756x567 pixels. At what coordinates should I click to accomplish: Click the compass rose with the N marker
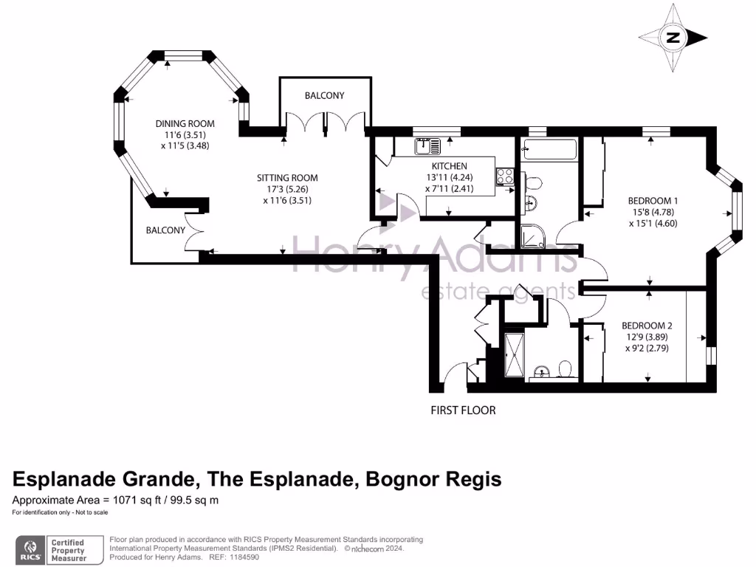[673, 38]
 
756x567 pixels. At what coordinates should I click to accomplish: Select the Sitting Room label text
[287, 177]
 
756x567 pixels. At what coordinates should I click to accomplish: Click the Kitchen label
[449, 166]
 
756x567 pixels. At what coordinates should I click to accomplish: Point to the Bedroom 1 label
[653, 200]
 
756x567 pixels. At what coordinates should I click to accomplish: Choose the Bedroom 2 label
[646, 325]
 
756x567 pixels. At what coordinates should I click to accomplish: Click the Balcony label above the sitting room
[325, 96]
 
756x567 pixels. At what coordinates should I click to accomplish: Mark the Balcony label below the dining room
[165, 230]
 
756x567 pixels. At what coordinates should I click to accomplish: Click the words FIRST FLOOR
[463, 410]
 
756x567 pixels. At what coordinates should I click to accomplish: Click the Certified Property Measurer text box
[68, 551]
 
